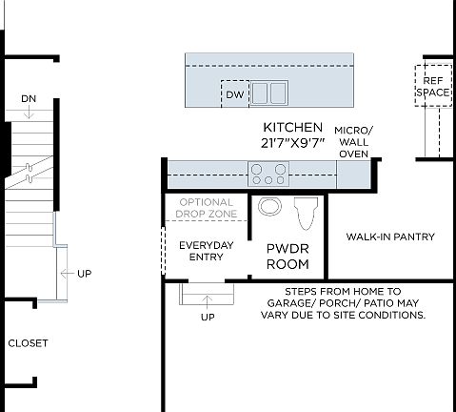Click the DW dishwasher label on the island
click(234, 94)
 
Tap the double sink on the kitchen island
click(268, 93)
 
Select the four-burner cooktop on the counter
click(268, 174)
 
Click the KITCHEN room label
click(293, 128)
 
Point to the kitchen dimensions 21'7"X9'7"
click(293, 143)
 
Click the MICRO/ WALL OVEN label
click(354, 141)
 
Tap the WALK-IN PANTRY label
click(390, 237)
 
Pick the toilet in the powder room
click(305, 215)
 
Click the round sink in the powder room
click(269, 207)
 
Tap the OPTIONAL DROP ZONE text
click(207, 208)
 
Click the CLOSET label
click(28, 342)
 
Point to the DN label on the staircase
click(30, 98)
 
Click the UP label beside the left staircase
click(84, 274)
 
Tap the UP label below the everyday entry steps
click(208, 317)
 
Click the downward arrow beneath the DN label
click(30, 113)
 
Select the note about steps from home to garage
click(342, 302)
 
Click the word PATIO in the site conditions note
click(380, 302)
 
